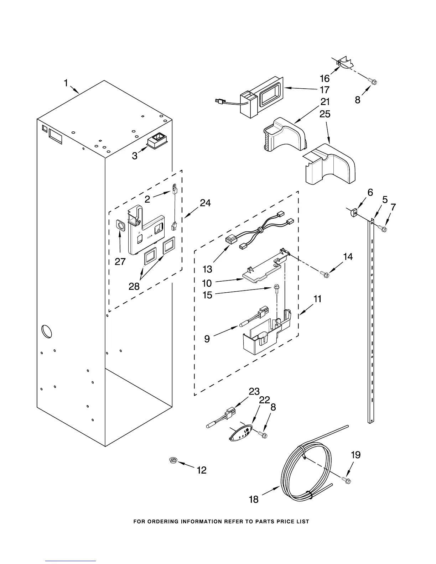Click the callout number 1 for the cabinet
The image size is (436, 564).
click(66, 83)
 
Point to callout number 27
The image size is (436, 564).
click(120, 262)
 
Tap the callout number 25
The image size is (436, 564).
click(325, 114)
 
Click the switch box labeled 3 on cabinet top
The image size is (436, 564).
click(157, 140)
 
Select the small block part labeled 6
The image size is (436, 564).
click(353, 213)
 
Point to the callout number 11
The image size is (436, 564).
click(317, 299)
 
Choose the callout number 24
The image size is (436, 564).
click(205, 203)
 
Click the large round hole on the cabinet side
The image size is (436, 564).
click(47, 331)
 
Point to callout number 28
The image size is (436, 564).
click(134, 286)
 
